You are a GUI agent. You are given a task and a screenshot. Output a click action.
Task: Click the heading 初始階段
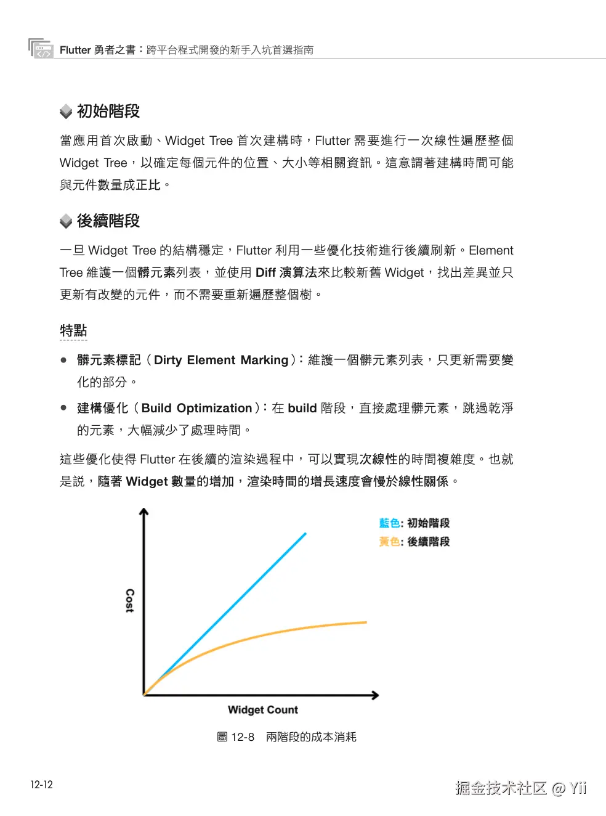coord(108,112)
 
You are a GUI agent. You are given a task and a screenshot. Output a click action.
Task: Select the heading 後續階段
coord(108,221)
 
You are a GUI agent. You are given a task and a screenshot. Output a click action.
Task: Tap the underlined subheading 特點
coord(73,331)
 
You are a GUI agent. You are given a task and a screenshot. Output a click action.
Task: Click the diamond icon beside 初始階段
coord(66,112)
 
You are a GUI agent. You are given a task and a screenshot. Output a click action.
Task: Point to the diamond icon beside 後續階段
coord(66,221)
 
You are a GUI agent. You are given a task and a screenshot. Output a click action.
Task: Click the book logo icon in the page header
coord(41,48)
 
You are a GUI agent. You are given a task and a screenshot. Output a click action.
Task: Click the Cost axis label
coord(129,600)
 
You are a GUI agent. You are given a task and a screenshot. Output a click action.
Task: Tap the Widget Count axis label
coord(263,710)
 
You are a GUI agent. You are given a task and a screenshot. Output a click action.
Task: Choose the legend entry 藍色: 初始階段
coord(414,523)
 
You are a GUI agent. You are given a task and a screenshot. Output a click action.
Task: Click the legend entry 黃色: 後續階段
coord(414,542)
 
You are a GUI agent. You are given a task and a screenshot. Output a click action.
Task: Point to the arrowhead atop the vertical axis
coord(144,512)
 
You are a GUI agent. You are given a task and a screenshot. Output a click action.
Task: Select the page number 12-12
coord(42,785)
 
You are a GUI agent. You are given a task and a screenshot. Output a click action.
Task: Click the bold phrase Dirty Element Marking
coord(221,361)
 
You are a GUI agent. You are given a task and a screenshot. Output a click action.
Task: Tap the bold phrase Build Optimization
coord(196,409)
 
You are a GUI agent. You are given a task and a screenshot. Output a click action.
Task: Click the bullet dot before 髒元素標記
coord(63,360)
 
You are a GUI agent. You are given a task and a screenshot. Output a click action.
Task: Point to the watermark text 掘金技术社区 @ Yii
coord(520,788)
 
